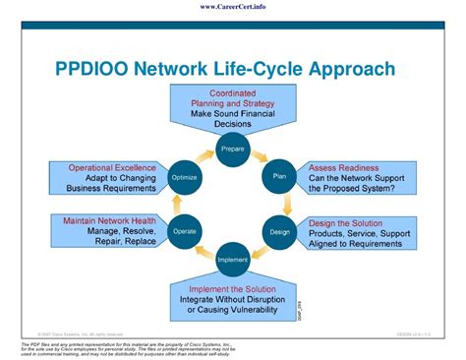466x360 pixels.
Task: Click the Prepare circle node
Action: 233,150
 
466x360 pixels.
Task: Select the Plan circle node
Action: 280,177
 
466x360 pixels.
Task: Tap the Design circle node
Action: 280,231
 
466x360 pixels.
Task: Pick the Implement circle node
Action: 233,259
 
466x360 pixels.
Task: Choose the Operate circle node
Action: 186,231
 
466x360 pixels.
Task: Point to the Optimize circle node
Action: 186,177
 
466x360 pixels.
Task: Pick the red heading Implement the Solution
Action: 233,288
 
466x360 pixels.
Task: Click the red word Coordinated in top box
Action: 233,93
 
